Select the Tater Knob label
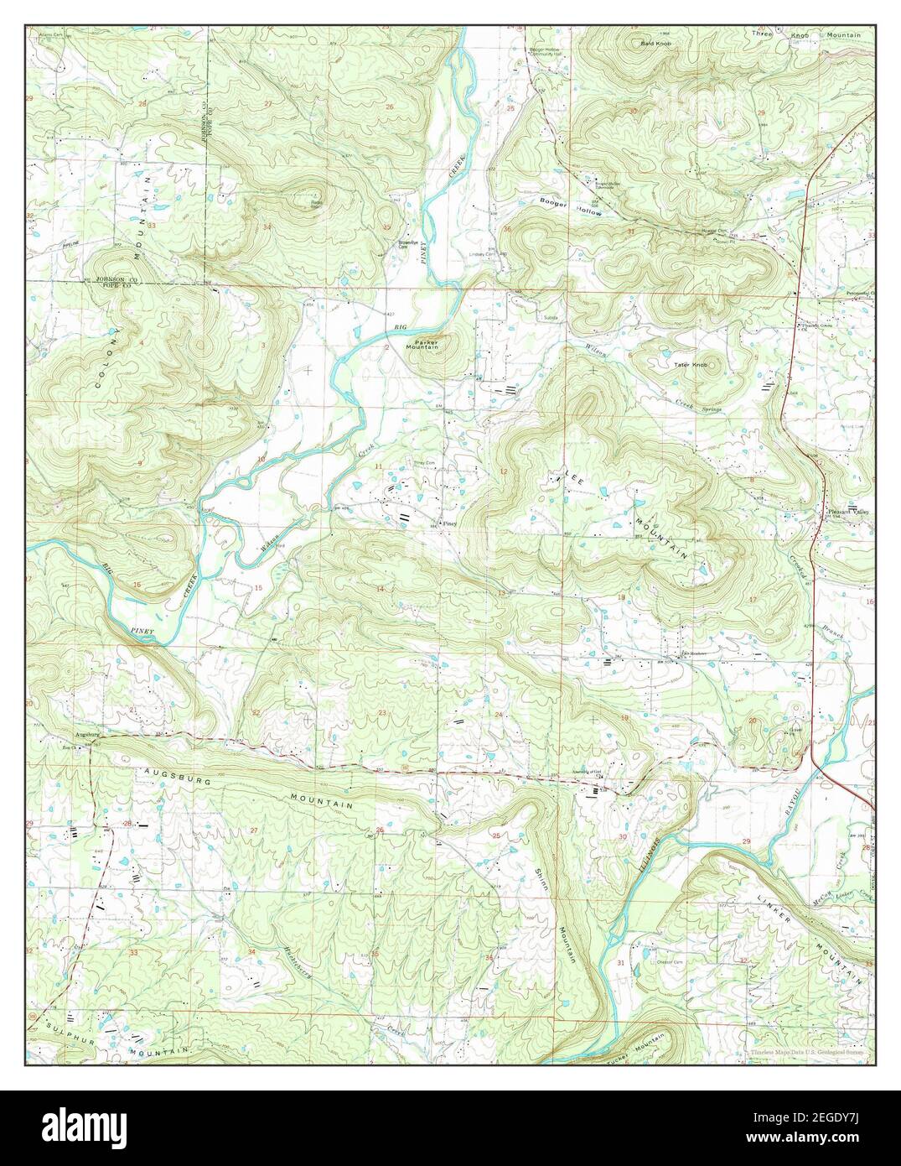tap(691, 365)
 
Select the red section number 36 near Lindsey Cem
tap(506, 229)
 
